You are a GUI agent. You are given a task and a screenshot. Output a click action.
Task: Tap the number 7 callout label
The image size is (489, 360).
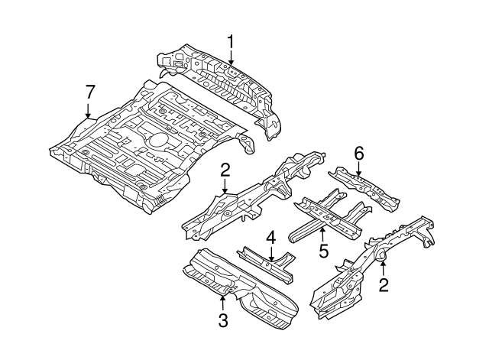pyautogui.click(x=89, y=92)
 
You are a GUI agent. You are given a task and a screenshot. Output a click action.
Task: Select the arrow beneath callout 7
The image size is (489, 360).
pyautogui.click(x=89, y=111)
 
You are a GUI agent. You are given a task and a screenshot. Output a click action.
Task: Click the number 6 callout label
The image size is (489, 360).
pyautogui.click(x=358, y=152)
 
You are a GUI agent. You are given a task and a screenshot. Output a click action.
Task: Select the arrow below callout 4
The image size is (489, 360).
pyautogui.click(x=270, y=253)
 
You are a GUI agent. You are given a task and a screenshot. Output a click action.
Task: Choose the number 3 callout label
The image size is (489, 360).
pyautogui.click(x=223, y=321)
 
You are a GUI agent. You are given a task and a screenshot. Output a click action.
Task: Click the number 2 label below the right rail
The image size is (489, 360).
pyautogui.click(x=384, y=286)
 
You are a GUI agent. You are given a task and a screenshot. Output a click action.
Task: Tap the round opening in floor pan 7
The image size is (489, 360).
pyautogui.click(x=157, y=141)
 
